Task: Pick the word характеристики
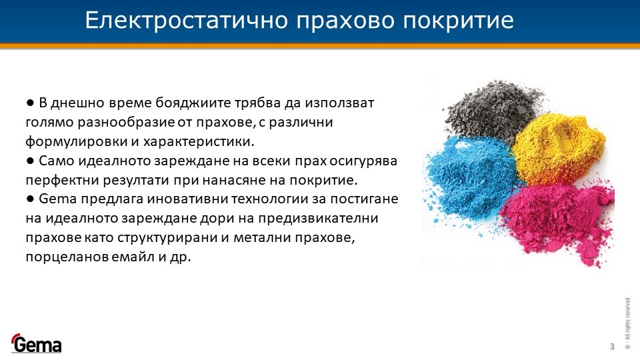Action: [199, 142]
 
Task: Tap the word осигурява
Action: [363, 161]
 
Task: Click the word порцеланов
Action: [67, 257]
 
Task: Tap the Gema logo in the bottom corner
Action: [36, 343]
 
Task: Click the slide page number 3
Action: [612, 347]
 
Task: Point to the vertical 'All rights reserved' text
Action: [628, 323]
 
